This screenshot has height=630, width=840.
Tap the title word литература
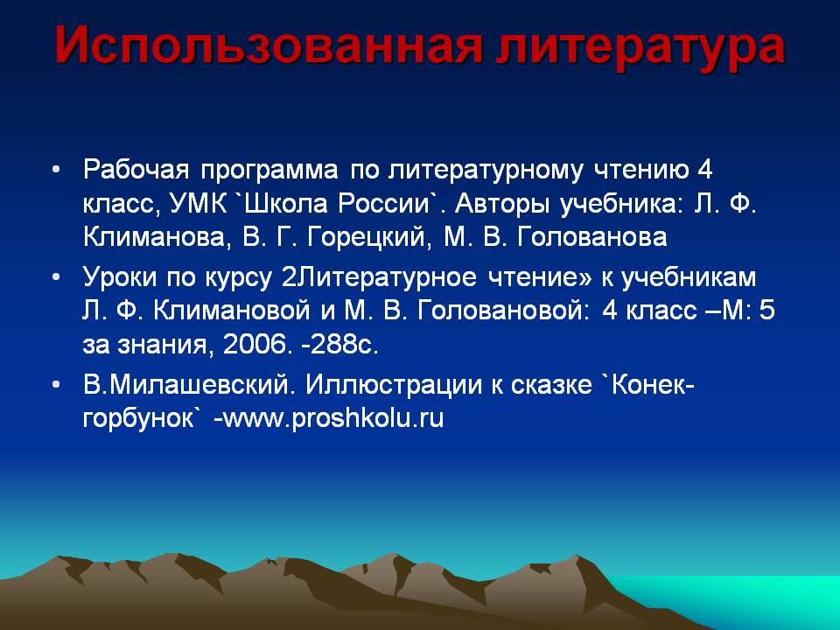pos(640,46)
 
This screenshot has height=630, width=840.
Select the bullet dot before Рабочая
pos(56,170)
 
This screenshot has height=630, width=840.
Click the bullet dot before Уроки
pos(56,277)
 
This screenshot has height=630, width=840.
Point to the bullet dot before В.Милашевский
pos(56,385)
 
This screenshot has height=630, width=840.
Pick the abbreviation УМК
pos(198,204)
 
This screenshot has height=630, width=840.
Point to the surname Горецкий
pos(369,238)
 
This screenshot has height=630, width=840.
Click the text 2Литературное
pos(379,278)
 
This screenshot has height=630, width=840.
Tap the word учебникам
pos(689,278)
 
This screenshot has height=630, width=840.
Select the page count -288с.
pos(340,345)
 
